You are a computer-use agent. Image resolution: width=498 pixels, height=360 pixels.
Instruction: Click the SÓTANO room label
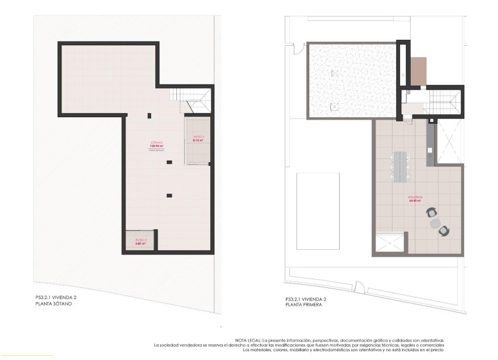pos(156,143)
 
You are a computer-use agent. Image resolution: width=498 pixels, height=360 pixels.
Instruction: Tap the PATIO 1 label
pos(197,137)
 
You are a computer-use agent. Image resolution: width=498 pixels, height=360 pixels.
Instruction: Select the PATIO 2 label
pos(140,240)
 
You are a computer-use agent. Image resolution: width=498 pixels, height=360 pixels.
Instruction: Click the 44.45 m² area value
pos(416,202)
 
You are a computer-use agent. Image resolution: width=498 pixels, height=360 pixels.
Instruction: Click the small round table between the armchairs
pos(435,223)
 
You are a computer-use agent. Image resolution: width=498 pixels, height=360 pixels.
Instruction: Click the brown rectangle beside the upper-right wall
pos(419,70)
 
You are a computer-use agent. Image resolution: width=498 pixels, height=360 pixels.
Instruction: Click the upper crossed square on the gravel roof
pos(335,73)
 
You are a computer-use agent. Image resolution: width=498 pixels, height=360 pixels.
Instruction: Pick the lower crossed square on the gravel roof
pos(334,106)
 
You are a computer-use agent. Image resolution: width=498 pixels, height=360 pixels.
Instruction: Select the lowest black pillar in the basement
pos(169,195)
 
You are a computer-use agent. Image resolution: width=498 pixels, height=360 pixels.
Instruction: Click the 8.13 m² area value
pos(197,141)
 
